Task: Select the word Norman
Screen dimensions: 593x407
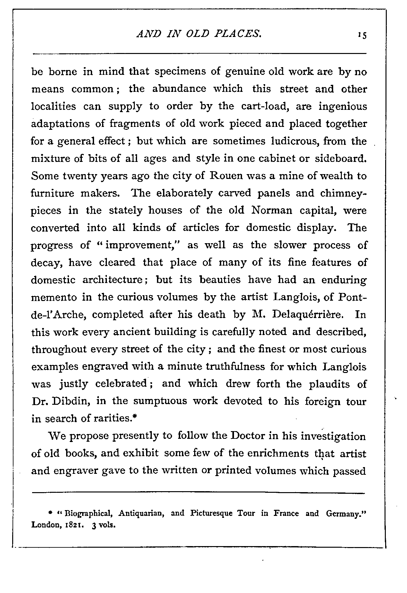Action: (x=272, y=211)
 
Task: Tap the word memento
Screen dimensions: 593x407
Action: (x=54, y=297)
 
